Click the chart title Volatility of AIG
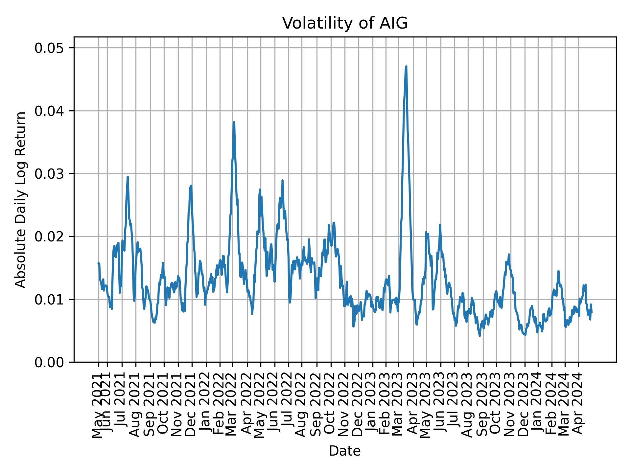tap(345, 23)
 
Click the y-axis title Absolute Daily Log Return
tap(21, 199)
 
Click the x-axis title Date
tap(345, 451)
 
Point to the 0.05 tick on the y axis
tap(49, 48)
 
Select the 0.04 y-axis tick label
tap(49, 111)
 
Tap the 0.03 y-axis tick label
tap(49, 174)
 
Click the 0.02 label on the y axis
tap(49, 236)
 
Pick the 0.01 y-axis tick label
tap(49, 299)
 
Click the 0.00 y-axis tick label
tap(49, 362)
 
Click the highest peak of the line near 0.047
tap(406, 67)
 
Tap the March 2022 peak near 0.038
tap(234, 122)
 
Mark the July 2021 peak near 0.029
tap(128, 177)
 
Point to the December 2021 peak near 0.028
tap(191, 186)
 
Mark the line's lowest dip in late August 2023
tap(479, 336)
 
